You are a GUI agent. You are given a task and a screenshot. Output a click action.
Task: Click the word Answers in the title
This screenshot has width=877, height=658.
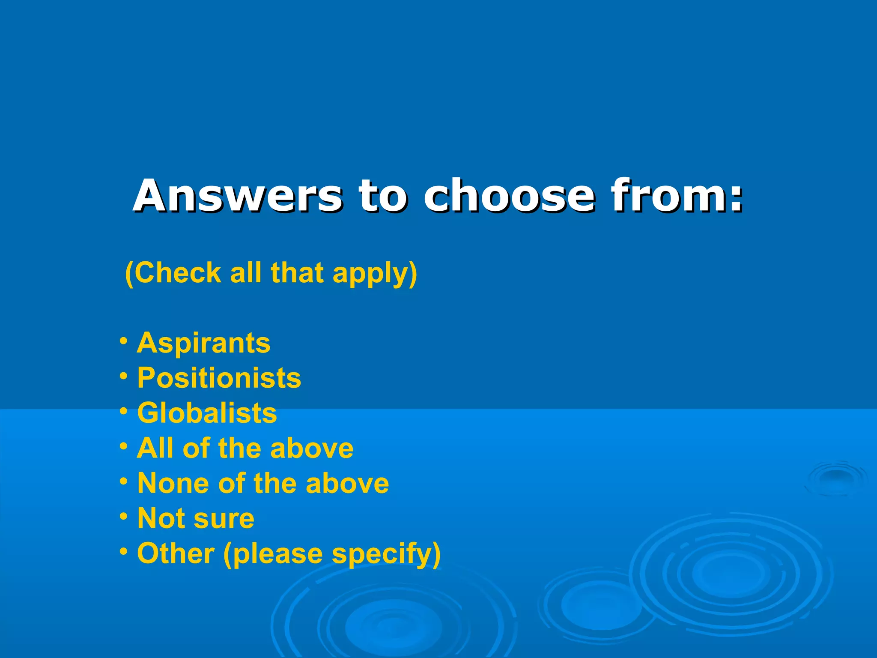pyautogui.click(x=238, y=196)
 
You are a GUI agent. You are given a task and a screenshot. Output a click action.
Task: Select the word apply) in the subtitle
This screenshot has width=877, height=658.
pyautogui.click(x=375, y=274)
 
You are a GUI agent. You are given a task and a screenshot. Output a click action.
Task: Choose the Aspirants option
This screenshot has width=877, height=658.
pyautogui.click(x=204, y=343)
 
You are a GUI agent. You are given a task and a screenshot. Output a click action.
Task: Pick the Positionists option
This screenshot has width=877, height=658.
pyautogui.click(x=219, y=378)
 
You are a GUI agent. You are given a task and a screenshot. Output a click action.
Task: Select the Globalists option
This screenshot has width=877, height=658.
pyautogui.click(x=207, y=413)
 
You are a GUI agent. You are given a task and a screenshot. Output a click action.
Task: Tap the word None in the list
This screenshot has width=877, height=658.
pyautogui.click(x=174, y=484)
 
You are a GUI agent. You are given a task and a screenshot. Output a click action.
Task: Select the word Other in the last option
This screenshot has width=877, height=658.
pyautogui.click(x=176, y=553)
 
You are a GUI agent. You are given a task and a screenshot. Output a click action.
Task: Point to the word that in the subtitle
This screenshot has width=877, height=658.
pyautogui.click(x=297, y=273)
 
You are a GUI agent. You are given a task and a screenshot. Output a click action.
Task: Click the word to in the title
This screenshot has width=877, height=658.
pyautogui.click(x=383, y=196)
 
